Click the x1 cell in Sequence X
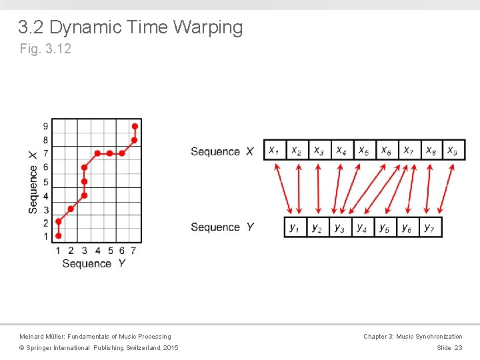pos(274,151)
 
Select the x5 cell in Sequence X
pos(363,151)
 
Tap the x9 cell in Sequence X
pos(453,151)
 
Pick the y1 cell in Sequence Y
pos(295,227)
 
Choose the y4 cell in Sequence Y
pos(362,227)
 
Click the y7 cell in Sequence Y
pos(430,227)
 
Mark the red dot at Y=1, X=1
pos(59,235)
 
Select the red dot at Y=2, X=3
pos(71,209)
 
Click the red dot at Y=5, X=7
pos(110,153)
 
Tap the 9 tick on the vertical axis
pos(45,126)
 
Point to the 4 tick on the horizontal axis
pos(97,251)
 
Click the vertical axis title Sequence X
pos(33,181)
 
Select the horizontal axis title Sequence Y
pos(93,264)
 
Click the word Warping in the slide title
pos(207,27)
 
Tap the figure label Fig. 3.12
pos(45,49)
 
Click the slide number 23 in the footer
pos(457,348)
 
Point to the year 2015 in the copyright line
pos(170,348)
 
